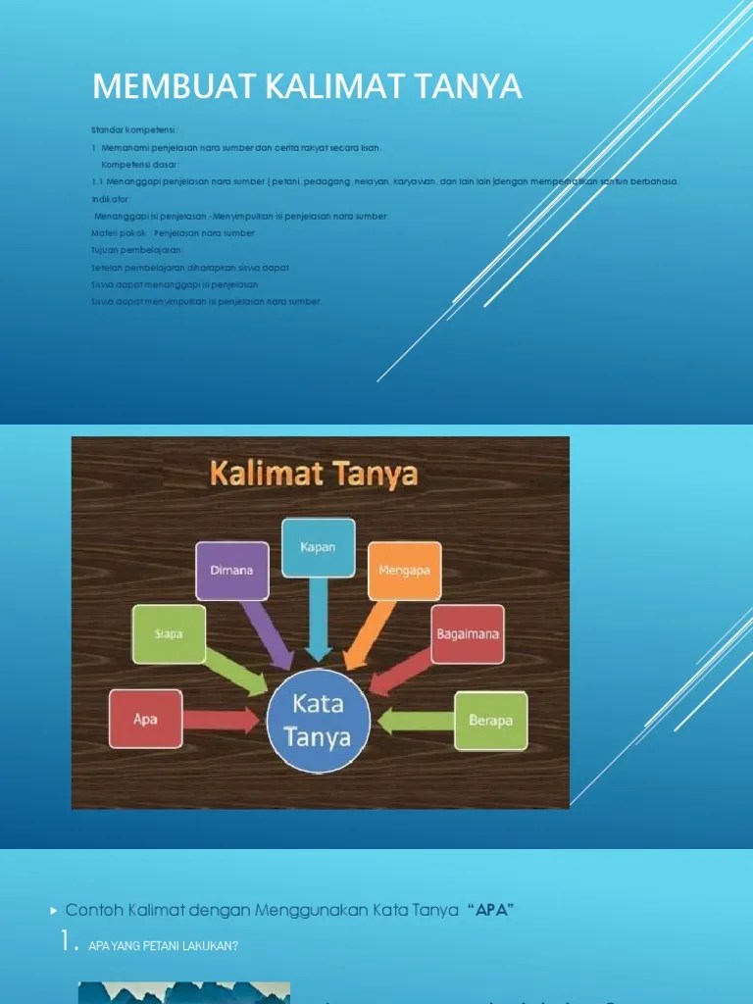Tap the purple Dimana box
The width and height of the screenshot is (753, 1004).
click(231, 571)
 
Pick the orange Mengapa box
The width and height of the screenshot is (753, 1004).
click(404, 571)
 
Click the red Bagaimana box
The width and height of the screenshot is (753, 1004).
click(467, 633)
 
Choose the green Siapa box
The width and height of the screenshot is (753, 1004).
click(169, 633)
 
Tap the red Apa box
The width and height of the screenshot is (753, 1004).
click(145, 718)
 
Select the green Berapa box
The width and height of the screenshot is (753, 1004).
click(490, 721)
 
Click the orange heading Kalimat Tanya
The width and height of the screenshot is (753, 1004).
click(313, 476)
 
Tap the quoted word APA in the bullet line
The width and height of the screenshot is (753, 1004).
click(492, 910)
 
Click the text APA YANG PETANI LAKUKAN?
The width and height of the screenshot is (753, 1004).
click(163, 946)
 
